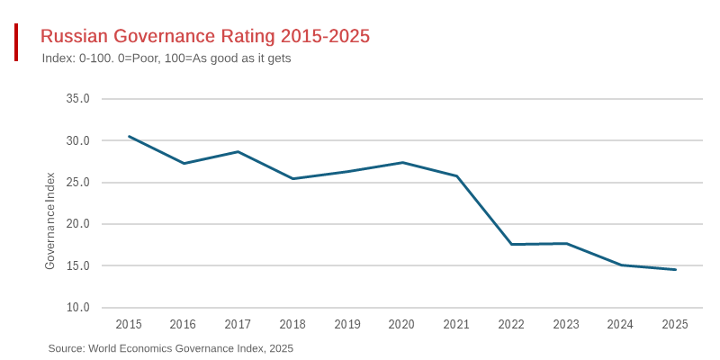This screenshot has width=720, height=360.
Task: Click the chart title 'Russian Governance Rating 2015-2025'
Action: (205, 36)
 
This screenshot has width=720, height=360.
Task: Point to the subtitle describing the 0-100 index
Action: (166, 58)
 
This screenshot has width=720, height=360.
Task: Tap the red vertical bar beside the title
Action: (16, 42)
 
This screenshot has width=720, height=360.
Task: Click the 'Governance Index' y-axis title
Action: (50, 220)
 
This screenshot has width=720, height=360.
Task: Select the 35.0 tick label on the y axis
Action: (78, 99)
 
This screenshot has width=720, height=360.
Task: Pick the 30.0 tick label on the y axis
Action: (78, 140)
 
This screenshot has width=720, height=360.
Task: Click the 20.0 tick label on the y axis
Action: (78, 224)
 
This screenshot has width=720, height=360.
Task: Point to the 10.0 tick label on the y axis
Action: (78, 308)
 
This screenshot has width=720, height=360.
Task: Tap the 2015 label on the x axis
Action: (129, 324)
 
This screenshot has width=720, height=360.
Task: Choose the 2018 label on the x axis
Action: (292, 324)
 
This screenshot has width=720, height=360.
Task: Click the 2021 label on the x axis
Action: (456, 324)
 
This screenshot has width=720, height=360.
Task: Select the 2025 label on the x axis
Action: (675, 324)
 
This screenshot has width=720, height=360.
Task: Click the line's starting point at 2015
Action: (129, 137)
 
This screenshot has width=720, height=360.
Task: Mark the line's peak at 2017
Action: (238, 151)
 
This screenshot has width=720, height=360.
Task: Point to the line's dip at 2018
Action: (292, 178)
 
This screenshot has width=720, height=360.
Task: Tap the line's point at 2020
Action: (402, 162)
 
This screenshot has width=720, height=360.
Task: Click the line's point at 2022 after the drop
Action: (511, 244)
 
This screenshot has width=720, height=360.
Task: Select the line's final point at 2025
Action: (675, 269)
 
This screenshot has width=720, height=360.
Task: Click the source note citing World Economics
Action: (171, 348)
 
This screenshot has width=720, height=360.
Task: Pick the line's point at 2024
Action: (621, 265)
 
